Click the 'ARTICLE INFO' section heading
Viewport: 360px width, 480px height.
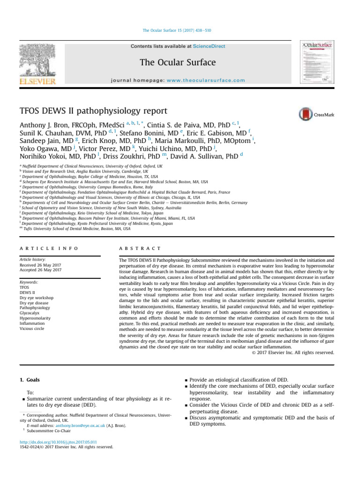point(49,248)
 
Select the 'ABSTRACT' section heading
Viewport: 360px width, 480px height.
point(141,248)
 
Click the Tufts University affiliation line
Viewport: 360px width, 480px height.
point(75,229)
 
